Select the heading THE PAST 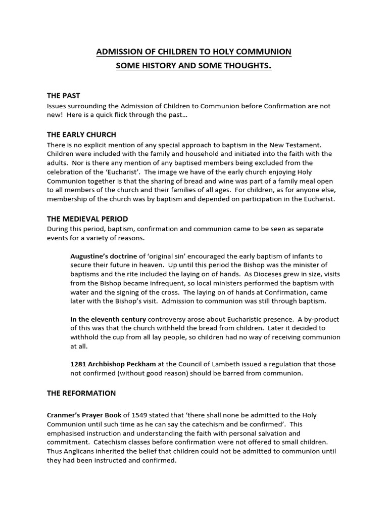[x=63, y=96]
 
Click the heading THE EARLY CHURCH [x=81, y=135]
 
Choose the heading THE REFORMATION [x=81, y=393]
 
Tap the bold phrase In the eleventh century [x=108, y=319]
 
